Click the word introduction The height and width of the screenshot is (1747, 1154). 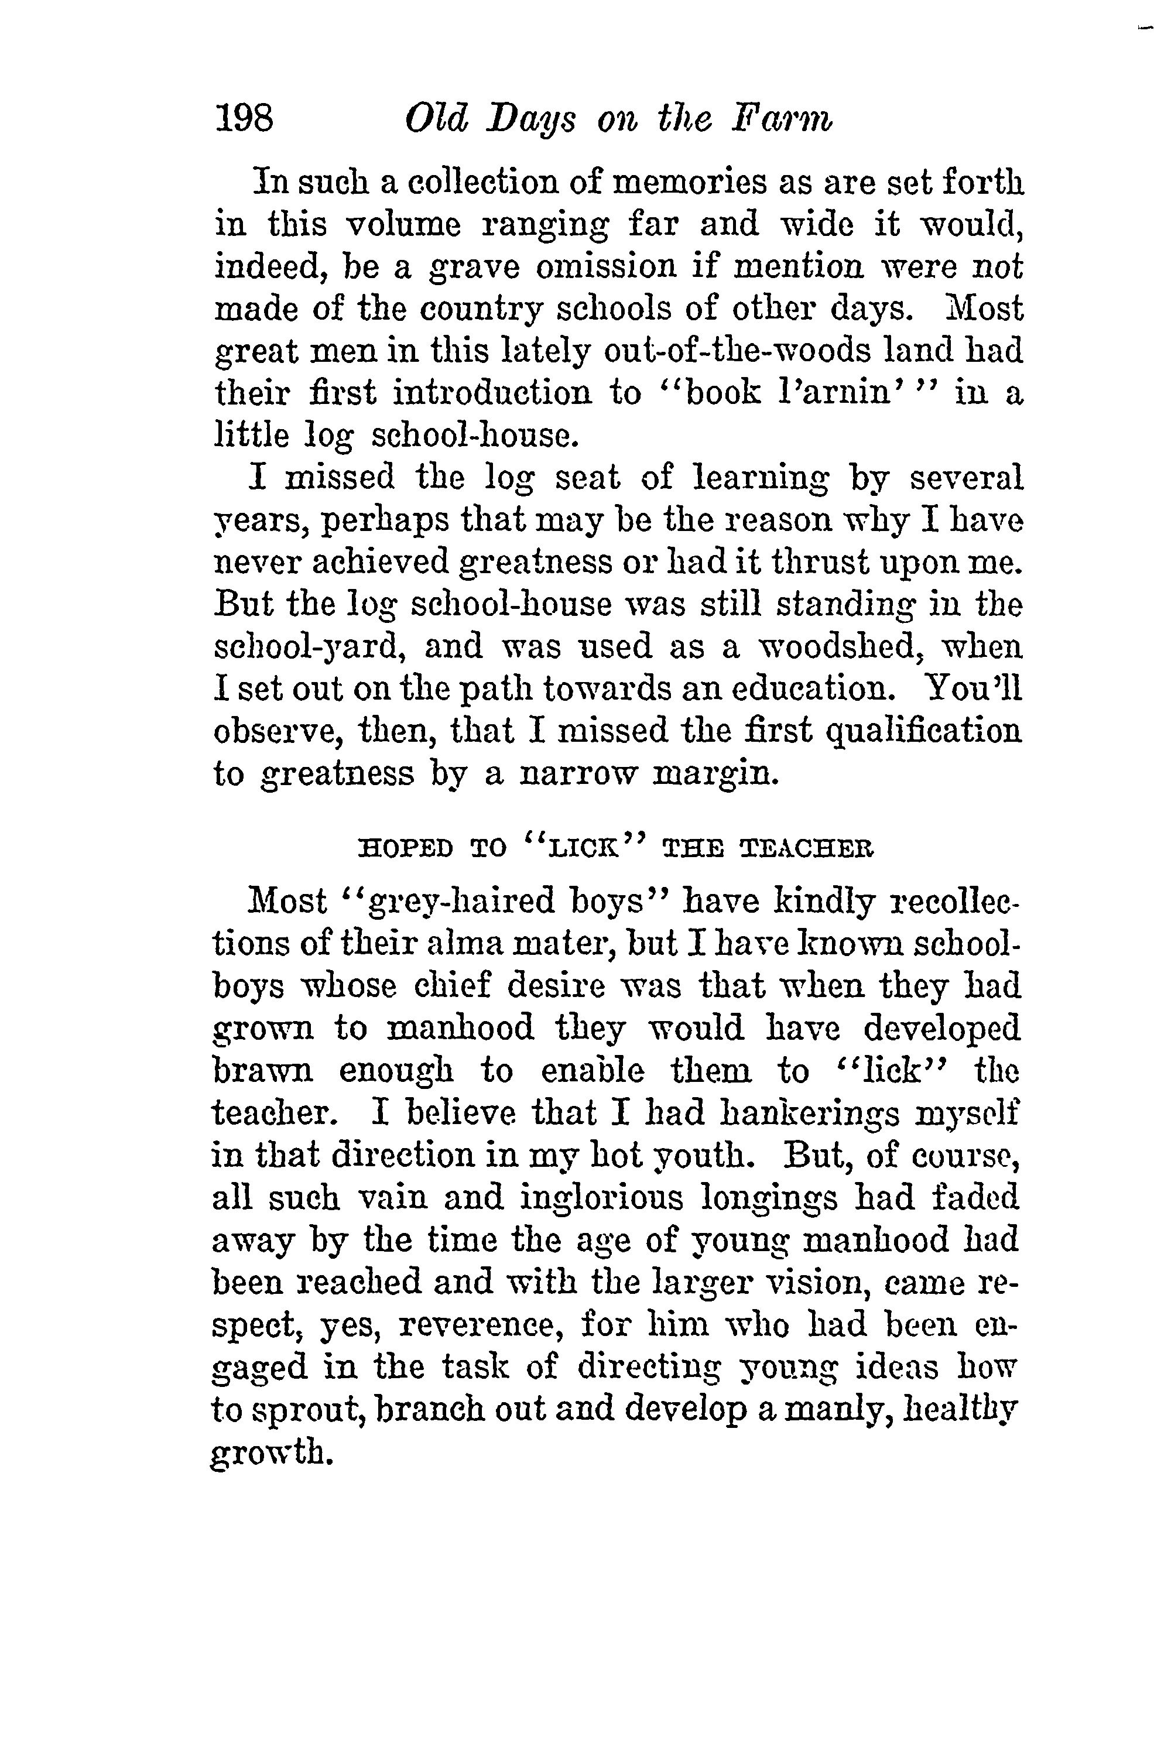click(x=492, y=393)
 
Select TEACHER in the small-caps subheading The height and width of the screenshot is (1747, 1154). click(x=806, y=850)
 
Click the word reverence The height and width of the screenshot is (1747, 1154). click(x=481, y=1325)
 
